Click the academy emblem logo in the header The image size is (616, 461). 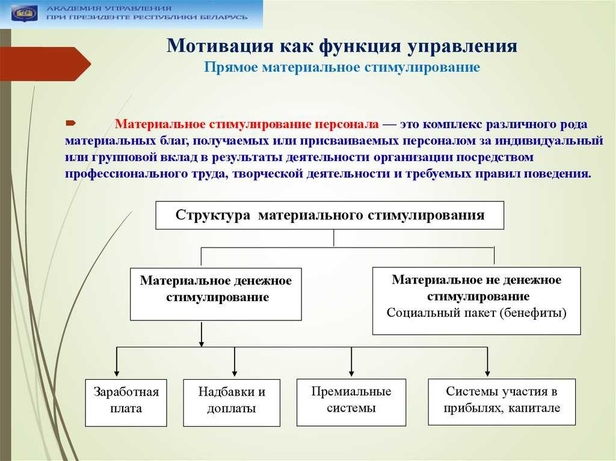25,14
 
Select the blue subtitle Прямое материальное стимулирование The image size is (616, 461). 342,67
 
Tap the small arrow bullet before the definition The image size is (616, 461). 70,123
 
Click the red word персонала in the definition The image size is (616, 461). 347,124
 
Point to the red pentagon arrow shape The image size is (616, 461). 46,64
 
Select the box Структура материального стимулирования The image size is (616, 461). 330,215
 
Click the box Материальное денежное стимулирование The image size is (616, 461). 216,294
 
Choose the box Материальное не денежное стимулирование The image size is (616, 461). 476,301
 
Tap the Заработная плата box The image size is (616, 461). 126,403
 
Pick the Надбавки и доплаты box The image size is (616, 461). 232,403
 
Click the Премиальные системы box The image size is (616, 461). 351,402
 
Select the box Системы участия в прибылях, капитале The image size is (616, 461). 502,401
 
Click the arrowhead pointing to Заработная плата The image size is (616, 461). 116,373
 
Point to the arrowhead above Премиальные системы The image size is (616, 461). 351,373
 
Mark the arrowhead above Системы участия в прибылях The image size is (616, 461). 487,373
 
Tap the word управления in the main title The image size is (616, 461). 462,46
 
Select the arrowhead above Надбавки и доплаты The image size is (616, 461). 235,373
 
